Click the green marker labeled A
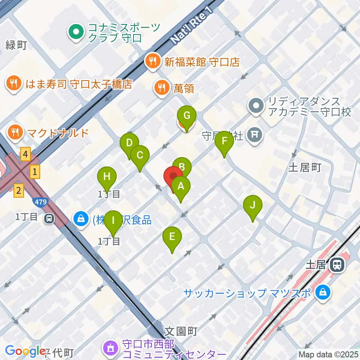click(x=181, y=186)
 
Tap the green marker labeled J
click(x=252, y=205)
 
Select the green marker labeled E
click(x=172, y=237)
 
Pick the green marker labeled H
click(x=107, y=176)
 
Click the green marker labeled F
click(x=224, y=141)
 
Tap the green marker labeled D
click(x=129, y=143)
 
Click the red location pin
click(x=173, y=176)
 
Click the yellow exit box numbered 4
click(x=25, y=154)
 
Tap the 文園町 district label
click(x=181, y=331)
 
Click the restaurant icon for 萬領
click(x=162, y=88)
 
